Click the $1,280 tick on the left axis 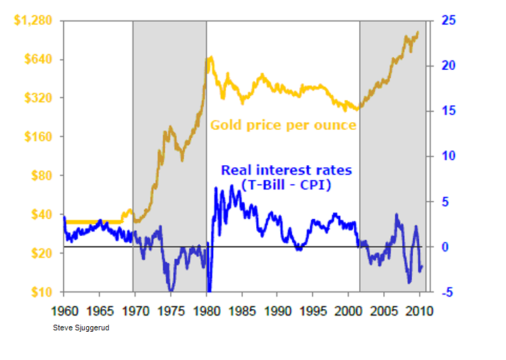[x=32, y=20]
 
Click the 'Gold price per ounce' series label [x=283, y=125]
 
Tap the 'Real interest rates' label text [x=286, y=170]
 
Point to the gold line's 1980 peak [x=210, y=59]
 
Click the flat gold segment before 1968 [x=92, y=222]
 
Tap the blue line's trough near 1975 [x=171, y=288]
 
